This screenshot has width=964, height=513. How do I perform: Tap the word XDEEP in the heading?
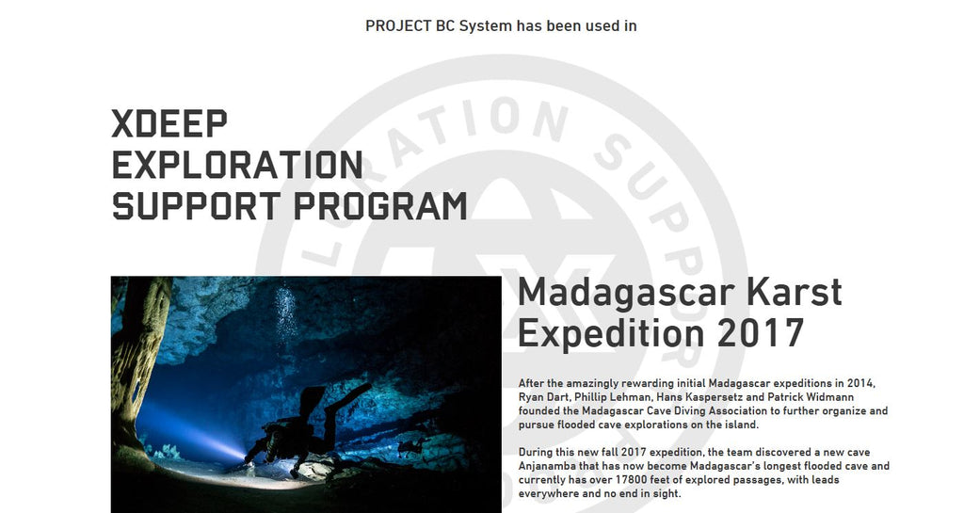[x=169, y=123]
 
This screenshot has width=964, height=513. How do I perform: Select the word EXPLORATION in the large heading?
[x=237, y=165]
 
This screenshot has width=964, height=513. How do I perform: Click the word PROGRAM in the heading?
[x=380, y=206]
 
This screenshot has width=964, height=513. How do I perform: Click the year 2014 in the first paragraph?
[x=860, y=383]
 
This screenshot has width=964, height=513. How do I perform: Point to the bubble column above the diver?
[x=285, y=316]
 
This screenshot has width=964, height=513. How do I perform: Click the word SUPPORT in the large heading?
[x=196, y=206]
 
